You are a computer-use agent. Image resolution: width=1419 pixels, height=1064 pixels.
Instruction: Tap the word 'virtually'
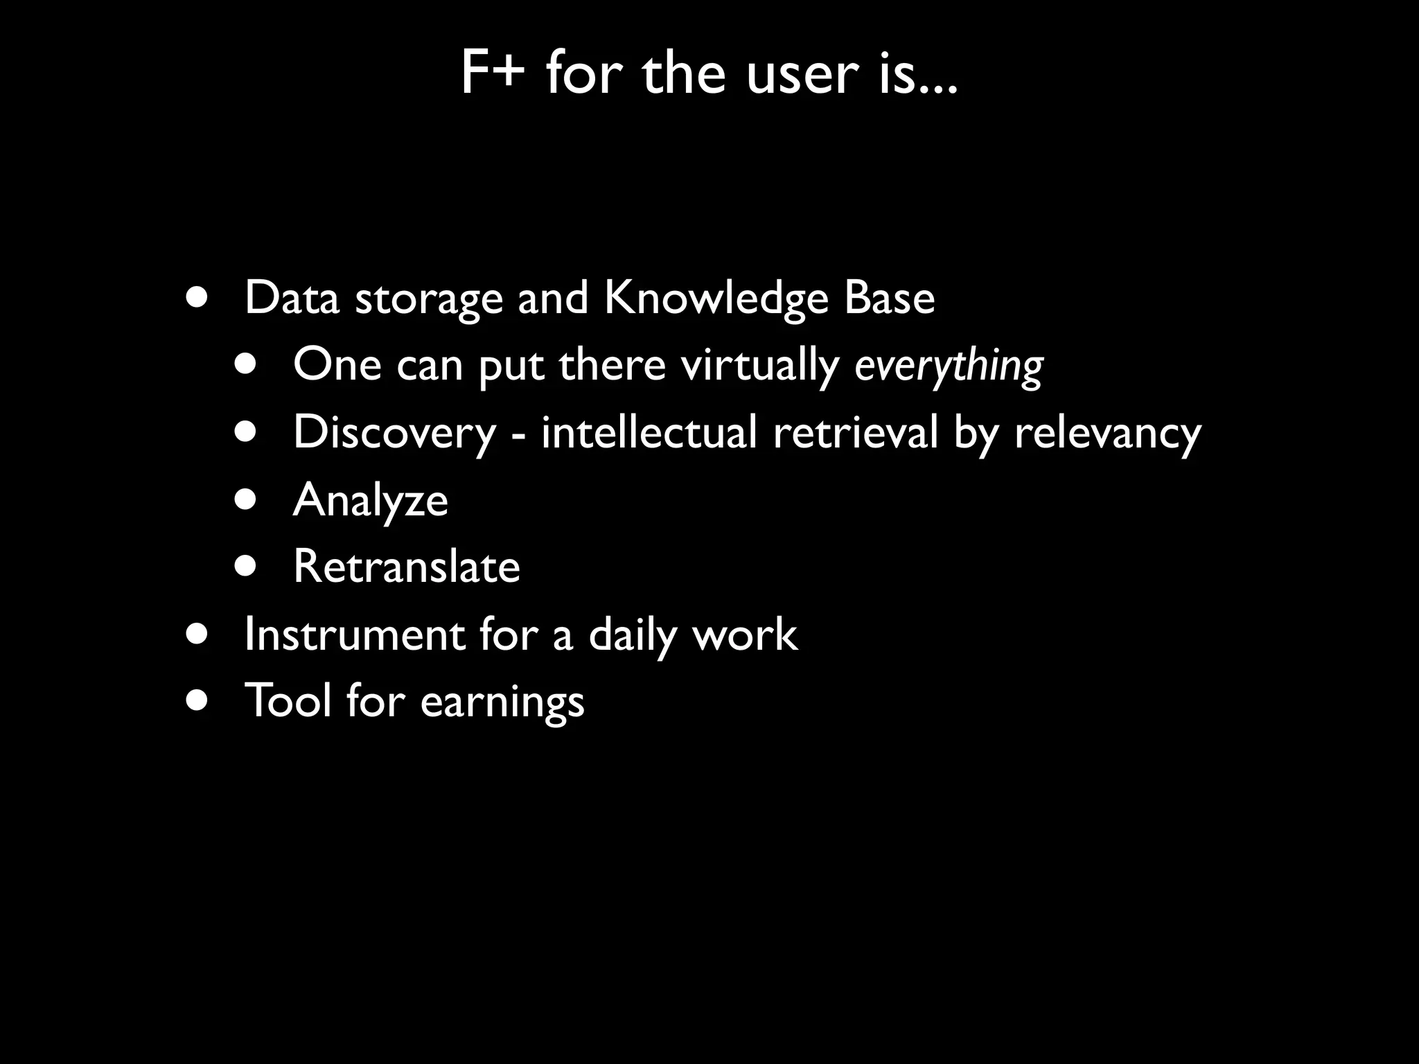pos(759,366)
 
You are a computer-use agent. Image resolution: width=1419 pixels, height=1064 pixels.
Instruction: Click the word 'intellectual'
pos(649,432)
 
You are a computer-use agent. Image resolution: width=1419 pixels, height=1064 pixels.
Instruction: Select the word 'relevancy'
pos(1107,433)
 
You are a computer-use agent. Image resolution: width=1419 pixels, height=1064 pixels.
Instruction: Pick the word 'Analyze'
pos(371,500)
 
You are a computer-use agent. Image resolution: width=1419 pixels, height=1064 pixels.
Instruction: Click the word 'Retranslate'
pos(406,567)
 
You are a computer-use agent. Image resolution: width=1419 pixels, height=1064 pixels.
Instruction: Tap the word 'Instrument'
pos(354,635)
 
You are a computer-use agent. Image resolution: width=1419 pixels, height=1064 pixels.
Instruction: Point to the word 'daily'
pos(632,636)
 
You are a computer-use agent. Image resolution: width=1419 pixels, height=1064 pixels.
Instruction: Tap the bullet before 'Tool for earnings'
pos(197,700)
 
